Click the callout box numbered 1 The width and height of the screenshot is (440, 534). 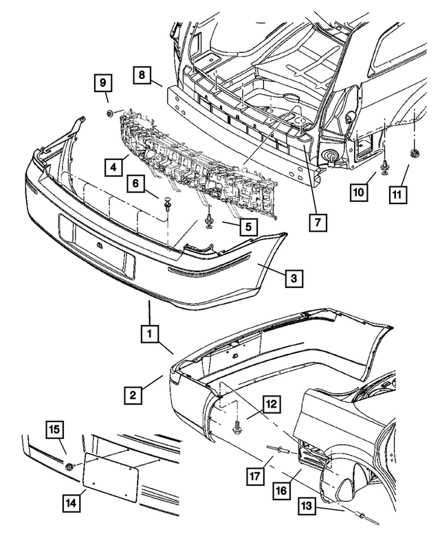pos(148,335)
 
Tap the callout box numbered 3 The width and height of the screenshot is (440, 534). pos(293,278)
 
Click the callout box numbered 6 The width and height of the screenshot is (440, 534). pos(135,184)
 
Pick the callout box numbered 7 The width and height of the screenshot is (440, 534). pos(318,222)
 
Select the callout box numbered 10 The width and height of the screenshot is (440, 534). pos(357,194)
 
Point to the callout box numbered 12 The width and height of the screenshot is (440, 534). pos(272,406)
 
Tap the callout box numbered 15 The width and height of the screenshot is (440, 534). pos(55,430)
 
